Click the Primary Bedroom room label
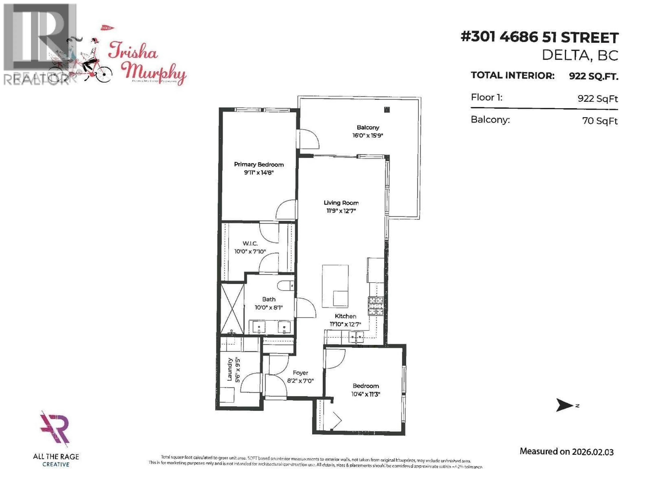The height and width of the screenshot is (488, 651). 259,164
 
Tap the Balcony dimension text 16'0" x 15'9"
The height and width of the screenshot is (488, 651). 368,136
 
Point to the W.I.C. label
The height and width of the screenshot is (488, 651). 250,243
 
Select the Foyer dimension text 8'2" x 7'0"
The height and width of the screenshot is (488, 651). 300,381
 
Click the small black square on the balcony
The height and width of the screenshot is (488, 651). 387,110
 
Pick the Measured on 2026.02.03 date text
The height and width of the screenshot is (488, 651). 567,452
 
